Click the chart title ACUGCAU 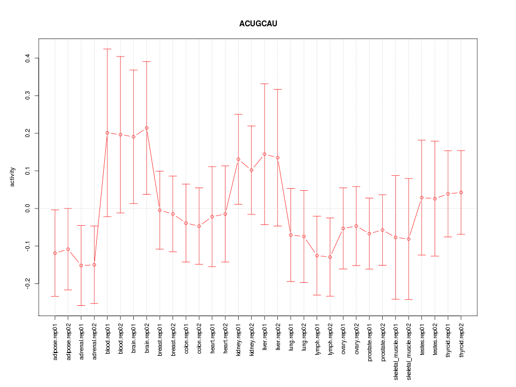[x=258, y=24]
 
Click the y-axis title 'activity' [x=12, y=177]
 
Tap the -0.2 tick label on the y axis [x=28, y=283]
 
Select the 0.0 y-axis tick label [x=28, y=208]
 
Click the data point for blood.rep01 [x=107, y=133]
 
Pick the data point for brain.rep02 [x=147, y=128]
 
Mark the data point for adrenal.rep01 [x=81, y=266]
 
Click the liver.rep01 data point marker [x=264, y=154]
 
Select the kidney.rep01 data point [x=238, y=159]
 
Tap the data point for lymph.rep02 [x=330, y=257]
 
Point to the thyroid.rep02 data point [x=461, y=192]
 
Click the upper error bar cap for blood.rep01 [x=107, y=49]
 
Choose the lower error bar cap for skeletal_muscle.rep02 [x=408, y=299]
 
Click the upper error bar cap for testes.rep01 [x=421, y=140]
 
